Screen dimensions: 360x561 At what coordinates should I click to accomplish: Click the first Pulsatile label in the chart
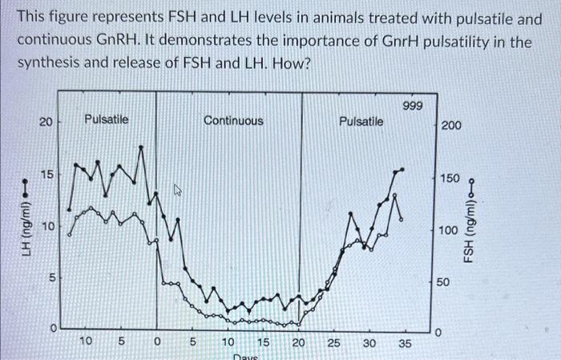(x=106, y=119)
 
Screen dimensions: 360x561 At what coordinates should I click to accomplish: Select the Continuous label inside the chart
(x=232, y=120)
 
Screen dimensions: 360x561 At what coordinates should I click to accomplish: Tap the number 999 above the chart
(x=414, y=106)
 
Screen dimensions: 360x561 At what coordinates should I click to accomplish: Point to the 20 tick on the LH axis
(x=46, y=122)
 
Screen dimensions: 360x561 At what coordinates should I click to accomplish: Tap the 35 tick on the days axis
(x=405, y=343)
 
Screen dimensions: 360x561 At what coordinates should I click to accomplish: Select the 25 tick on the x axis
(x=334, y=343)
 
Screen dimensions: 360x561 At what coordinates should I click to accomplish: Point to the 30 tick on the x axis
(x=369, y=343)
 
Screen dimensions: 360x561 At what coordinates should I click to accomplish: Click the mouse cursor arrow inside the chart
(x=179, y=190)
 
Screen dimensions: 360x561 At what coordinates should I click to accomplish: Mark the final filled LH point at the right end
(x=403, y=169)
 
